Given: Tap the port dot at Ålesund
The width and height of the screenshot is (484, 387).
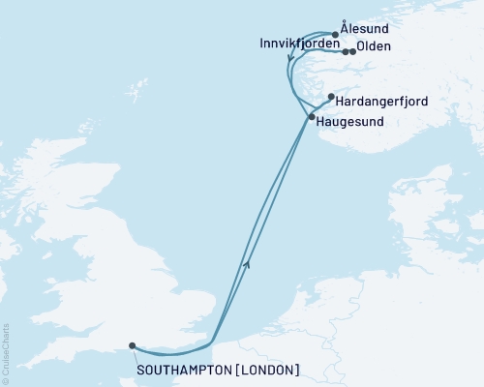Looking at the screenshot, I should [x=335, y=35].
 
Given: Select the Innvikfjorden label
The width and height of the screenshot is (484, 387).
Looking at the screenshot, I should [x=297, y=45].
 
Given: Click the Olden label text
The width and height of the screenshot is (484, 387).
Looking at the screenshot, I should [x=374, y=45].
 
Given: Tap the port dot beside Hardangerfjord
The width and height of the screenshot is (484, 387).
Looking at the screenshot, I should [x=331, y=96].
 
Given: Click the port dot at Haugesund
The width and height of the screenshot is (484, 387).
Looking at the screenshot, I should [x=311, y=117].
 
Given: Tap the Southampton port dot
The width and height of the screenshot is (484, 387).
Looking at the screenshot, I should [x=132, y=345].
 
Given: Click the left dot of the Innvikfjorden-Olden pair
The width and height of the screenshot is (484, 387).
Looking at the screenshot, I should [x=345, y=51].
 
